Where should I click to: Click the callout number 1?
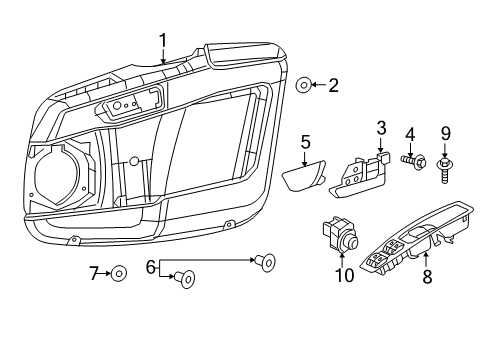pos(162,40)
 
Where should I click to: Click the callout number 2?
pos(333,86)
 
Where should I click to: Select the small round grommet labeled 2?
pos(303,86)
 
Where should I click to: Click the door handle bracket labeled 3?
pos(361,171)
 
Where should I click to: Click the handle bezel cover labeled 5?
pos(302,180)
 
